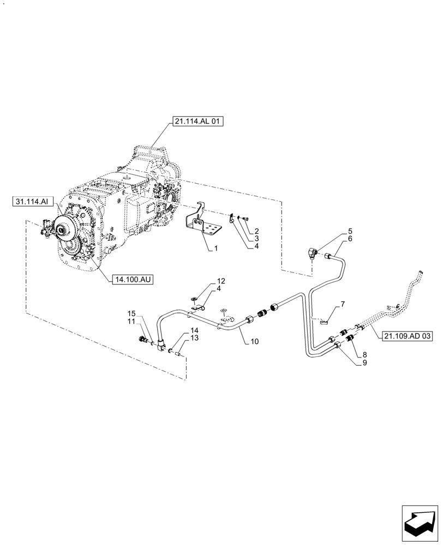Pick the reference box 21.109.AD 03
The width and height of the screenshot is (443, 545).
(x=406, y=336)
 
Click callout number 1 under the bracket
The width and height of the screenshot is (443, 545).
(x=216, y=248)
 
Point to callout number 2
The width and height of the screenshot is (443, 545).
(x=256, y=232)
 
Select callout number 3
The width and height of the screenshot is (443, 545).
(x=256, y=238)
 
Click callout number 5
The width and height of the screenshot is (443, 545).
(x=350, y=231)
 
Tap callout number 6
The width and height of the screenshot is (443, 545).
(x=350, y=239)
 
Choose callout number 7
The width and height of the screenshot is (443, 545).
(x=343, y=303)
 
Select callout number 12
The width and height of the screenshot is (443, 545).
(x=221, y=281)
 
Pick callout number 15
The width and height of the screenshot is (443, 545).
(x=131, y=314)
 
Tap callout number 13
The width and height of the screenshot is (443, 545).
(x=195, y=338)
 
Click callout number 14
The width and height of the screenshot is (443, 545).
(x=195, y=331)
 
